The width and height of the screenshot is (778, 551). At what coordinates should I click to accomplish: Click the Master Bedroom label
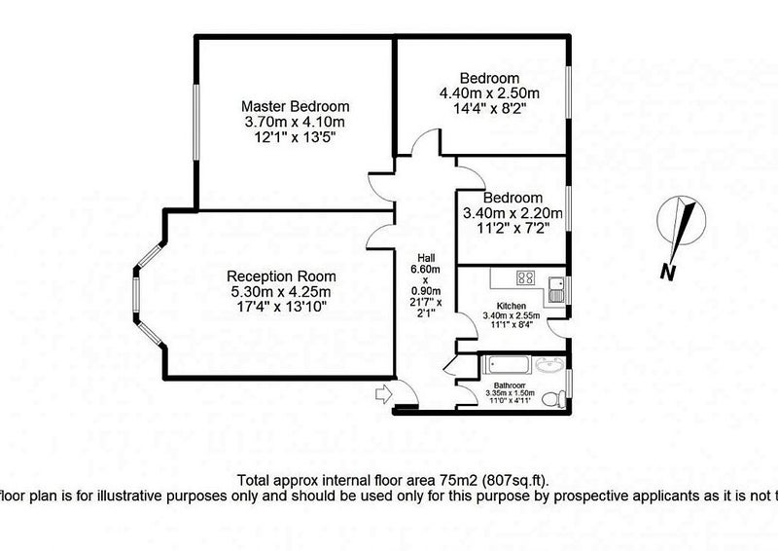coord(295,106)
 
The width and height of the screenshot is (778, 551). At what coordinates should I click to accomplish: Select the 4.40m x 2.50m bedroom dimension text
coord(489,93)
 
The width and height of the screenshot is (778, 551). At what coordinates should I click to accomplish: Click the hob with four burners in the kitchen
coord(525,277)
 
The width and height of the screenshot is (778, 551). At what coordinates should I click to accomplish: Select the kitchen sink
coord(555,285)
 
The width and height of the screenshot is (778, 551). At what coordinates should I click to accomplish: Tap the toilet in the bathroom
coord(555,397)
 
